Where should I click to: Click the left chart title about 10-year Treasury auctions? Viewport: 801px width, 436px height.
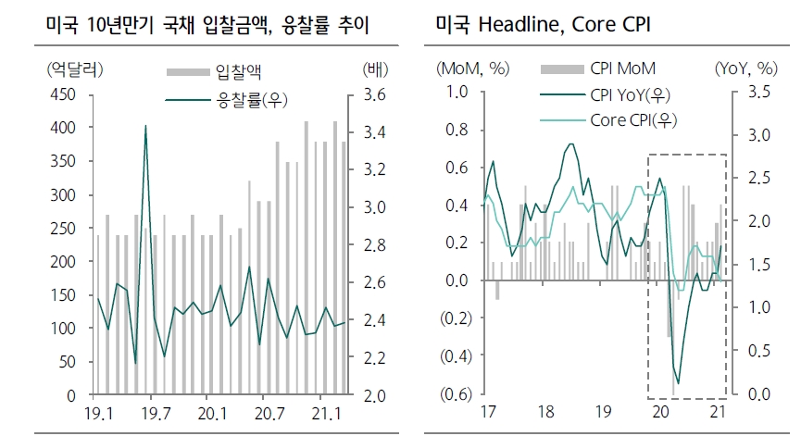(x=207, y=26)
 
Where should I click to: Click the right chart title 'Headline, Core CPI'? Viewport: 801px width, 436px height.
(x=542, y=26)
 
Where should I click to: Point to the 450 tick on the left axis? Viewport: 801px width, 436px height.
(x=61, y=95)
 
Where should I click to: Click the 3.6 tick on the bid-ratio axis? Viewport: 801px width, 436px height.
(x=375, y=95)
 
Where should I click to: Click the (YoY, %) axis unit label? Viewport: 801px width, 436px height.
(x=745, y=69)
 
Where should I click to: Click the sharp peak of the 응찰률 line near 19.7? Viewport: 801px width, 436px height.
(x=145, y=126)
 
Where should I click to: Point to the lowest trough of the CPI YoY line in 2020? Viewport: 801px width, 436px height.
(x=678, y=382)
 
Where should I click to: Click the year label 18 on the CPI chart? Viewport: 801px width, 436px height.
(x=545, y=411)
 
